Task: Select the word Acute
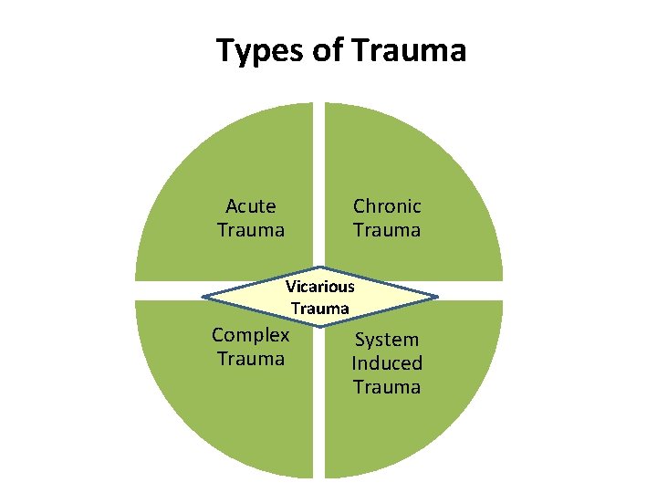[x=251, y=206]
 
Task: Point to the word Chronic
[x=387, y=206]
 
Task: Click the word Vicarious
[x=319, y=286]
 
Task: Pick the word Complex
[x=251, y=335]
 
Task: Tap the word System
[x=387, y=340]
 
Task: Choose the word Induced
[x=387, y=363]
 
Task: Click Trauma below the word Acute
[x=251, y=230]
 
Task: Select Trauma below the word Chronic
[x=387, y=230]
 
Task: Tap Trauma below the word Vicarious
[x=319, y=309]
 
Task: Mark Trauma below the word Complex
[x=251, y=359]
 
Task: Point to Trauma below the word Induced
[x=387, y=387]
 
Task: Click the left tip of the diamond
[x=203, y=297]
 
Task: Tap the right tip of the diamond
[x=436, y=297]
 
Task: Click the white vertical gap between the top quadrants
[x=319, y=183]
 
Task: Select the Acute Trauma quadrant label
[x=251, y=218]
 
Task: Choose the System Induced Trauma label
[x=387, y=363]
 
